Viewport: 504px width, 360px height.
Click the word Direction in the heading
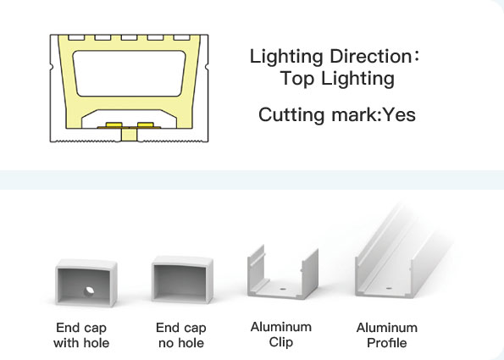(x=369, y=56)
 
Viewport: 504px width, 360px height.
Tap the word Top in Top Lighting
(x=297, y=78)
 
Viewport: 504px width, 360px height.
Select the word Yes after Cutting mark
(x=400, y=114)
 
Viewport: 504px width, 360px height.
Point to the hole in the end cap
(x=88, y=291)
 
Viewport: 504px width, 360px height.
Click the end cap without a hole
(x=182, y=280)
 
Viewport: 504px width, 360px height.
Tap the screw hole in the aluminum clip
(x=283, y=290)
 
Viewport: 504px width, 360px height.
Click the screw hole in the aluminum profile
(x=389, y=288)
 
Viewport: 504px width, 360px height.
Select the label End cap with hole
(x=81, y=335)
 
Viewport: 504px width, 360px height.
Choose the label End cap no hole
(x=181, y=335)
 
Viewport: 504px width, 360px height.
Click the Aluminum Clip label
(x=281, y=335)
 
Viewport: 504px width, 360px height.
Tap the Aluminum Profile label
(x=386, y=335)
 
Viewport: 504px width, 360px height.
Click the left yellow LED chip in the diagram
(x=114, y=125)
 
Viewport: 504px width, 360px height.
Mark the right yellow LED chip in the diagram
(x=146, y=125)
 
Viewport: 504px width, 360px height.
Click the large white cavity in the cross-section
(x=130, y=74)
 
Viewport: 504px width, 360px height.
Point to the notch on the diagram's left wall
(x=52, y=67)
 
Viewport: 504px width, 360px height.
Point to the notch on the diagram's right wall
(x=207, y=67)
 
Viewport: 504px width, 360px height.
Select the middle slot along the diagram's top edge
(x=130, y=37)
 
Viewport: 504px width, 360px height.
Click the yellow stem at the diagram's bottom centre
(x=130, y=135)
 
